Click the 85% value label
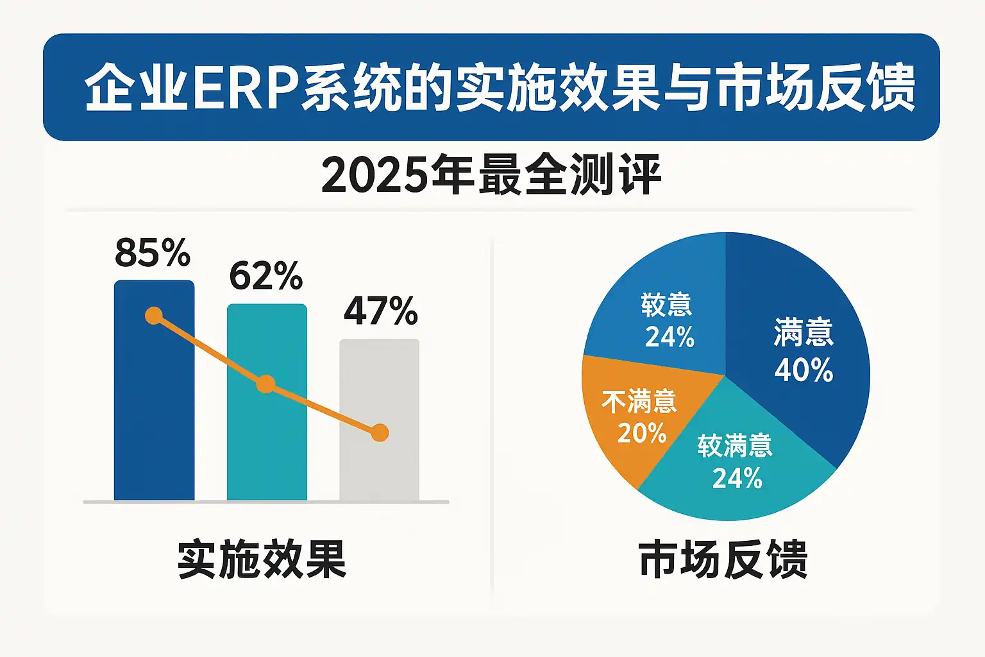153,253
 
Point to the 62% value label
265,277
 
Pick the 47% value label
380,311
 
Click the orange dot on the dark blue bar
154,316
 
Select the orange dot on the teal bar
265,385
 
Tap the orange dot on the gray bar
380,433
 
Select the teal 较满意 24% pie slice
737,468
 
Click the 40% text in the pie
804,370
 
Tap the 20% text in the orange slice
642,433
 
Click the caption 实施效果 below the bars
262,560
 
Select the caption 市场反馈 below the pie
723,560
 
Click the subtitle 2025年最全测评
491,175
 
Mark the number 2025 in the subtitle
373,175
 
